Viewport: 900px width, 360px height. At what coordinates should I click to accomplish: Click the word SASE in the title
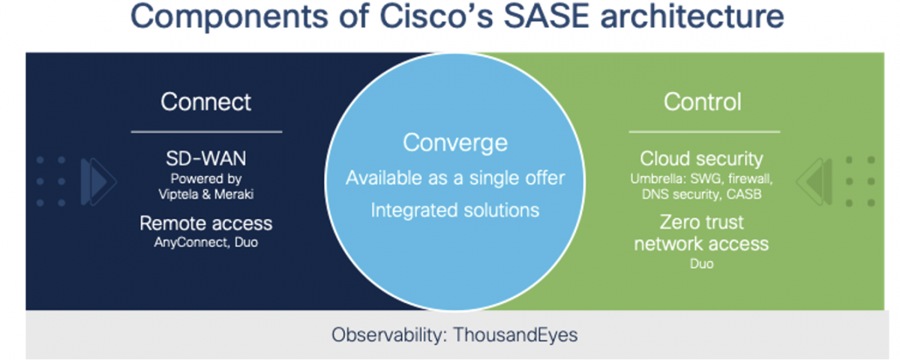(547, 16)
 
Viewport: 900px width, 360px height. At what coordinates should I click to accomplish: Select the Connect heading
(206, 102)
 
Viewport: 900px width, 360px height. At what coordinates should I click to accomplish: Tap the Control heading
(702, 102)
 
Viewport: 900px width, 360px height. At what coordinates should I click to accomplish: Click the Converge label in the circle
(455, 143)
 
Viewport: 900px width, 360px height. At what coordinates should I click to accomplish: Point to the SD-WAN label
(206, 158)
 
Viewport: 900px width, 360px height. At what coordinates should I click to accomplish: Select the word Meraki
(234, 194)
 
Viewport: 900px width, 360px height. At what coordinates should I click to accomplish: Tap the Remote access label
(206, 223)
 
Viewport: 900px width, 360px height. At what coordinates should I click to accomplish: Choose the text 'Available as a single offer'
(455, 178)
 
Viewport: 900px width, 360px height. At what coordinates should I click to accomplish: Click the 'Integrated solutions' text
(455, 211)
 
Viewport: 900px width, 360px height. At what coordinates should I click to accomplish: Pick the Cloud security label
(701, 159)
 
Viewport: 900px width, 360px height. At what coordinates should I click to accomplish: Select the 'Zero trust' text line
(701, 223)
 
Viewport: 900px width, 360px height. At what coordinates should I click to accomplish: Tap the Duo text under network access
(701, 264)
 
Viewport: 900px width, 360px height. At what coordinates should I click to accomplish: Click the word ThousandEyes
(515, 334)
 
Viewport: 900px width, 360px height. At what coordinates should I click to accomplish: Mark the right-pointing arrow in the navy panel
(99, 181)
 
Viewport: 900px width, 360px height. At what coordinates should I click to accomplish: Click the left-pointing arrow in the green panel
(814, 181)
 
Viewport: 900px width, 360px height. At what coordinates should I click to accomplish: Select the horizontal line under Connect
(206, 131)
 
